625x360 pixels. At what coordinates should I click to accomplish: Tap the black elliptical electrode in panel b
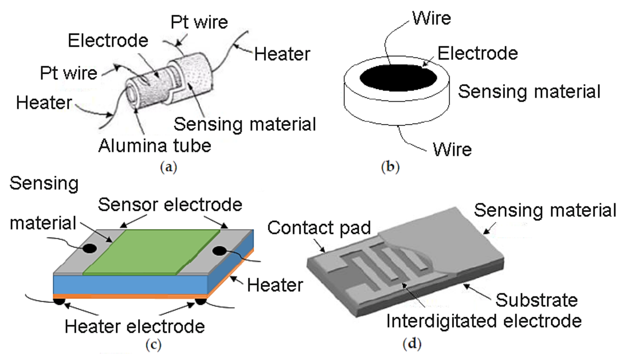tap(398, 78)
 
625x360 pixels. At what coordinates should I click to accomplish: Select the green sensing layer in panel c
tap(151, 252)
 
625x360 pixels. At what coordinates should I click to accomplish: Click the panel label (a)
tap(168, 167)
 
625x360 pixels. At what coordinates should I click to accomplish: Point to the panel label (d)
tap(412, 344)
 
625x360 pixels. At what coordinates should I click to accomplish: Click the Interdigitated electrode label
tap(484, 321)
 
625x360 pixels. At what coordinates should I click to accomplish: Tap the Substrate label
tap(537, 300)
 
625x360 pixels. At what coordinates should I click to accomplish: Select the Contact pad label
tap(319, 228)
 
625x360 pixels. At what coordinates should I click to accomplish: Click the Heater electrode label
tap(135, 326)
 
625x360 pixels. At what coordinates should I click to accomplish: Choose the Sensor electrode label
tap(170, 205)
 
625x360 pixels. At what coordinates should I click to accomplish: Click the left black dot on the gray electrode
tap(89, 249)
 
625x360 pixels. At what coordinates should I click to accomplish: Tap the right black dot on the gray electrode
tap(219, 251)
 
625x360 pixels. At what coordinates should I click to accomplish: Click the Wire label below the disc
tap(452, 149)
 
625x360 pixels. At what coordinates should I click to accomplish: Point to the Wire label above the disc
tap(432, 18)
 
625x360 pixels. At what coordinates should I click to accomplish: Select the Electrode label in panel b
tap(478, 53)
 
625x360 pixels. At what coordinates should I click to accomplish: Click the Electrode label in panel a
tap(108, 41)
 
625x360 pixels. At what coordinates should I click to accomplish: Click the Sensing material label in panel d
tap(545, 210)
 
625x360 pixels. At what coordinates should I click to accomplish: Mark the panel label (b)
tap(390, 167)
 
